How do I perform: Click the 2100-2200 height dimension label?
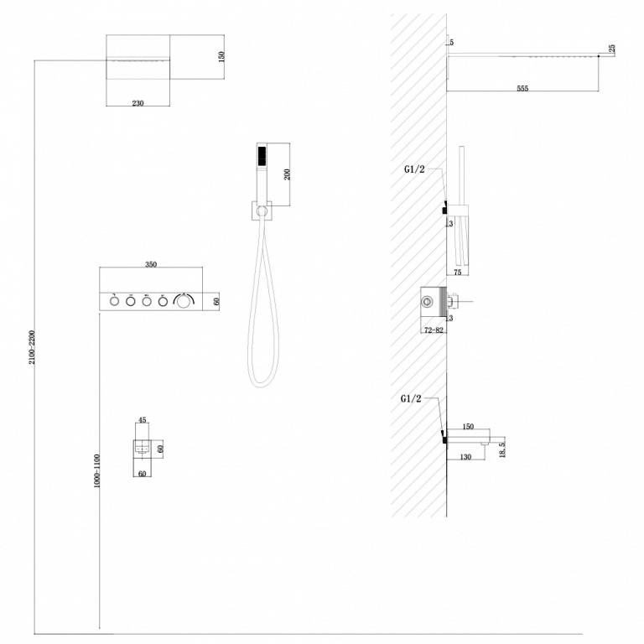32,347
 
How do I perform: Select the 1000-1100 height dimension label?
97,470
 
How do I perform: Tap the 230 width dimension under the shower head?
138,103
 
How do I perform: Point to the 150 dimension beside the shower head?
221,56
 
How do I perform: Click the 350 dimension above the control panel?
151,264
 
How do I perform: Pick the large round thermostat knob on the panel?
184,302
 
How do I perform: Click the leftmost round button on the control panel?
114,302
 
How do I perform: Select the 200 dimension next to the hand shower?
287,174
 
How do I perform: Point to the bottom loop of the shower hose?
262,384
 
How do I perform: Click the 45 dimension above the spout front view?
142,420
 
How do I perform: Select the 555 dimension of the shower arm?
522,88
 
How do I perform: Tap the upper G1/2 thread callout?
414,169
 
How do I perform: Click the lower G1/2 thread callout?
411,398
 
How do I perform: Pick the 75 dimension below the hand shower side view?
458,272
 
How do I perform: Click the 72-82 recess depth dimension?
434,330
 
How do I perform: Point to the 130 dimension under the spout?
465,457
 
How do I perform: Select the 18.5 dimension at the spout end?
502,449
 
